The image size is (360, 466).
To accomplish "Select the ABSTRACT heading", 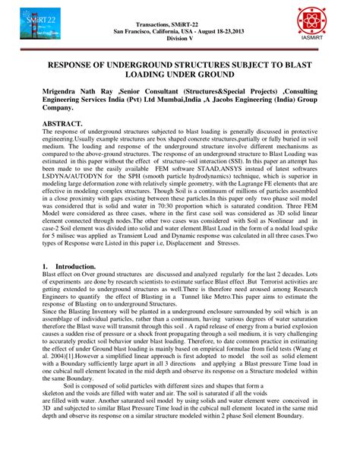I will (x=68, y=122).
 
